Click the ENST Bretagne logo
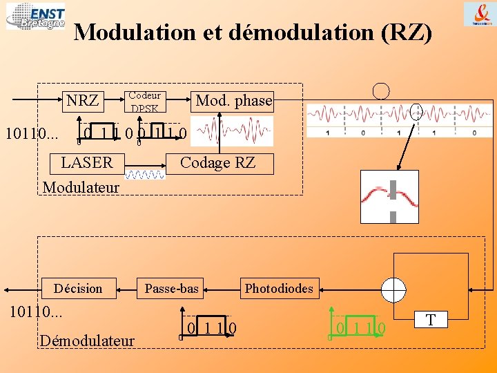click(x=35, y=17)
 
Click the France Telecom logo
click(x=478, y=15)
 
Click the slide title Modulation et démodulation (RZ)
click(x=253, y=32)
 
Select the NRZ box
click(x=83, y=101)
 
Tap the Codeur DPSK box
click(x=145, y=102)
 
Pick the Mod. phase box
click(x=233, y=101)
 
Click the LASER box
click(x=86, y=163)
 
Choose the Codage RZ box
click(x=218, y=163)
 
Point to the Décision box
click(x=78, y=289)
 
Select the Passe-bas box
click(x=172, y=289)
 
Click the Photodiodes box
click(x=279, y=289)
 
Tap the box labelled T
click(x=431, y=319)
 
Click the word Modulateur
click(x=81, y=187)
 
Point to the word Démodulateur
click(x=87, y=339)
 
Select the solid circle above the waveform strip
click(x=380, y=91)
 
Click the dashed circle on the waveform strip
click(x=416, y=111)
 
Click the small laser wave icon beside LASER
click(x=144, y=175)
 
